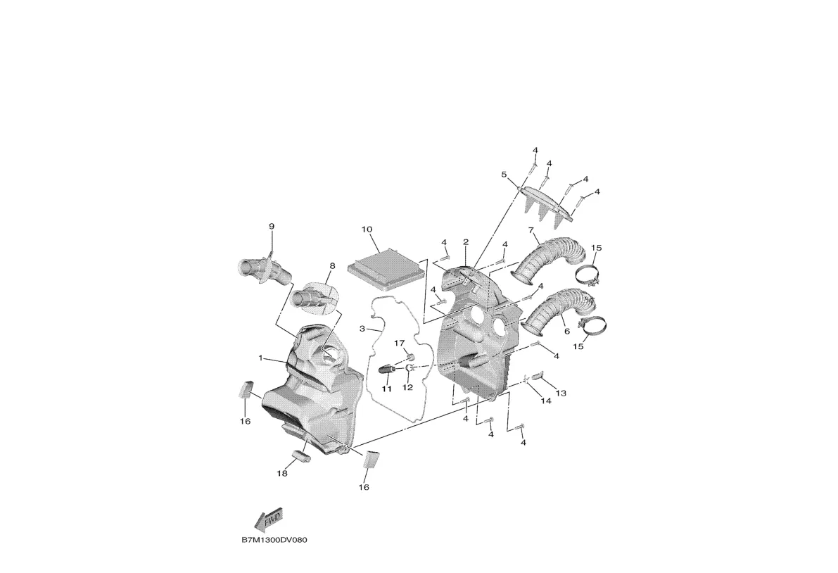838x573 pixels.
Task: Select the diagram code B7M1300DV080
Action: coord(274,540)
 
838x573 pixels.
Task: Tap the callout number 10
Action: coord(367,229)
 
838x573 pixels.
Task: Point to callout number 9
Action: coord(271,226)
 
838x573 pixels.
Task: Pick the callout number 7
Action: coord(531,230)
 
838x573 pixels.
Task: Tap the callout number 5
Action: coord(504,175)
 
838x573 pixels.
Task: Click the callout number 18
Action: coord(281,474)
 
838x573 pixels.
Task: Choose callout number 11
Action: coord(386,389)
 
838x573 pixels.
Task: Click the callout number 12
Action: coord(408,387)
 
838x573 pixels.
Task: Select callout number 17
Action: coord(400,343)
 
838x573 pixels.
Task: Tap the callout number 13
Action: coord(561,393)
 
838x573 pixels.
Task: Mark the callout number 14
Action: coord(545,401)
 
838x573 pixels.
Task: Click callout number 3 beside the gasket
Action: coord(362,328)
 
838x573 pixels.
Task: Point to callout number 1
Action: coord(260,358)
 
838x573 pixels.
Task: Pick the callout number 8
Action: coord(332,265)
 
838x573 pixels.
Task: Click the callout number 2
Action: coord(466,242)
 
